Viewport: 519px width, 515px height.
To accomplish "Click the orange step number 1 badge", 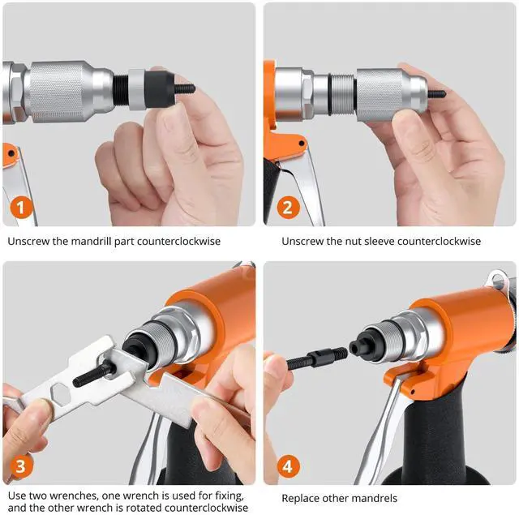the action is click(x=21, y=208).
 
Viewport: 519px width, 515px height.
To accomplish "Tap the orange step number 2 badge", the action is click(x=288, y=208).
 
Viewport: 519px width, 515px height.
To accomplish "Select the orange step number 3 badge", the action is click(x=21, y=466).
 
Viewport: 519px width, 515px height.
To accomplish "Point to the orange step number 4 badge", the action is click(x=288, y=466).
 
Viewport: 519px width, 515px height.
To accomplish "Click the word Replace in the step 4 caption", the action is click(x=300, y=499).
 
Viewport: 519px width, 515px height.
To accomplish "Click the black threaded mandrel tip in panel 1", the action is click(x=185, y=88).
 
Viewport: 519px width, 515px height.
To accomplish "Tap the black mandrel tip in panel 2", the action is click(x=437, y=93).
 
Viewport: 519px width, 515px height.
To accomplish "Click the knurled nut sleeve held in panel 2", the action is click(x=392, y=95).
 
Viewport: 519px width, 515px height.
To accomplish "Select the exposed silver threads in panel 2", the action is click(x=343, y=95).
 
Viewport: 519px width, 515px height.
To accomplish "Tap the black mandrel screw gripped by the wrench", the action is click(x=94, y=373).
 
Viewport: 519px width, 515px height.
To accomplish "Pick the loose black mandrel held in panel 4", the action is click(x=316, y=358).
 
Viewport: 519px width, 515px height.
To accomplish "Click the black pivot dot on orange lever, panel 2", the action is click(x=301, y=144).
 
